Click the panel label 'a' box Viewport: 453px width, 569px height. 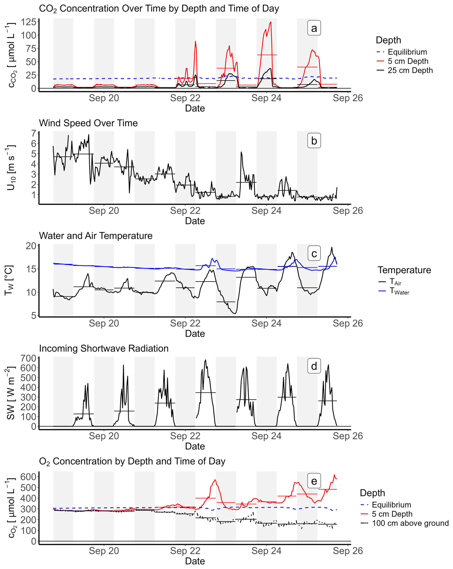click(314, 28)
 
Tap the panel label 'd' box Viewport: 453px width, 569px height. click(314, 366)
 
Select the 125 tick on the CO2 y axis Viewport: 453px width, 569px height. click(28, 22)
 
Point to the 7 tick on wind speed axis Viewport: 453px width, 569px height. click(34, 133)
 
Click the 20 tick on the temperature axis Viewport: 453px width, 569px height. click(31, 246)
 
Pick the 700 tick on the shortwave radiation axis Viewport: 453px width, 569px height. click(28, 358)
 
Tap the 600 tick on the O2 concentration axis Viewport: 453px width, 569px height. click(28, 477)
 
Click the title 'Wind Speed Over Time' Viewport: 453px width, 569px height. click(88, 123)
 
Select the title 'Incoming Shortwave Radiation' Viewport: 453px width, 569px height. click(103, 348)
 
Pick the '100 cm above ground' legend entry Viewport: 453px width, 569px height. click(410, 523)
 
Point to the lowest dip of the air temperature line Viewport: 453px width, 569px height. click(235, 313)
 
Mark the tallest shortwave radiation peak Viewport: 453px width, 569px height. click(206, 360)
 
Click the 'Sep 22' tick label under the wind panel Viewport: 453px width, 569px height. click(185, 211)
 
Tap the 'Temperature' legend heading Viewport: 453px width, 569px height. click(404, 270)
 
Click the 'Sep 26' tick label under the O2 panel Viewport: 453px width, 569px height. click(348, 551)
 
